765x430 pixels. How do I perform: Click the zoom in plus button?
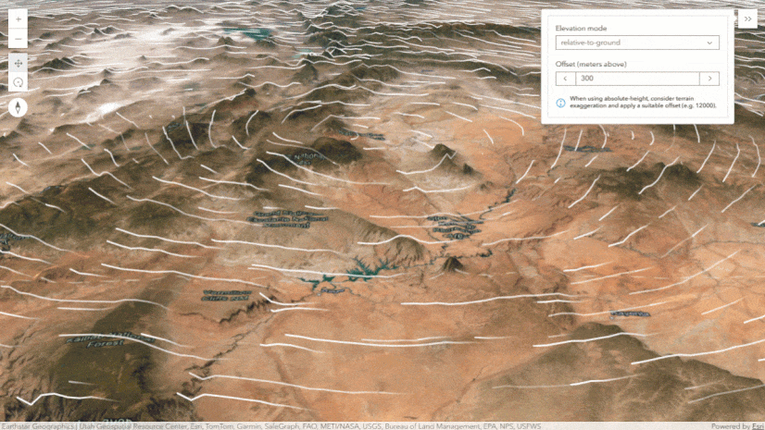tap(19, 18)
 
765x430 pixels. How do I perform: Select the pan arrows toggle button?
tap(19, 63)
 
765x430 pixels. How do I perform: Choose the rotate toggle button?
tap(19, 82)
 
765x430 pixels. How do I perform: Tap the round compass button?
tap(19, 107)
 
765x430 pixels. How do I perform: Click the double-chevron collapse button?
tap(747, 18)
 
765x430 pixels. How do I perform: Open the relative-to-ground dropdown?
tap(630, 43)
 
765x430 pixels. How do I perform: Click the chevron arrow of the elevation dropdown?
tap(709, 43)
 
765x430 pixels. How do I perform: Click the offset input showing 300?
tap(637, 80)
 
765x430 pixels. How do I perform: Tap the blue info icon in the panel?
tap(560, 102)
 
